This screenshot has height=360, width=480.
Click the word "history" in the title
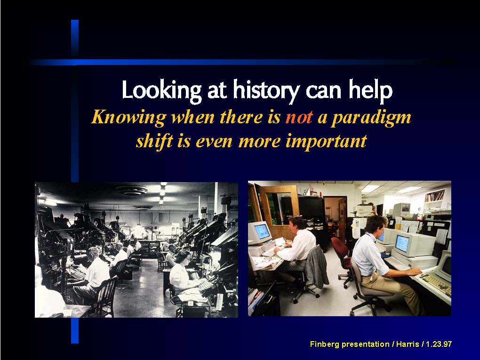(x=266, y=90)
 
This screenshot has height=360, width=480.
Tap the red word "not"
(x=299, y=117)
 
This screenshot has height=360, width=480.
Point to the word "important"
(x=326, y=142)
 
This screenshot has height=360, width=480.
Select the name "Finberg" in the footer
(x=325, y=344)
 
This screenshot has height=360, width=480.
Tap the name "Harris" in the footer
(x=408, y=344)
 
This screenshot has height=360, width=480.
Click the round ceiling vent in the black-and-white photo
(x=132, y=191)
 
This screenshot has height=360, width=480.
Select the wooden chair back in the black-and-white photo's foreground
(x=105, y=296)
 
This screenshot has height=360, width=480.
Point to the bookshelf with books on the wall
(x=434, y=196)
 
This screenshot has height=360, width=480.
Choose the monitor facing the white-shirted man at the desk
(x=260, y=232)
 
